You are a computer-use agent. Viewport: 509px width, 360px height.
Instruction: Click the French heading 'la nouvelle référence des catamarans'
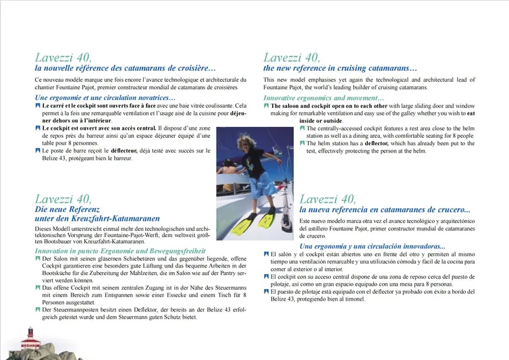coord(126,68)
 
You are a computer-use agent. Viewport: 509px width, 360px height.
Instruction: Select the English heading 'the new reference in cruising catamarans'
coord(340,68)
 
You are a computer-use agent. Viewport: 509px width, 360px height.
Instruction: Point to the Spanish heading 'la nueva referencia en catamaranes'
coord(385,209)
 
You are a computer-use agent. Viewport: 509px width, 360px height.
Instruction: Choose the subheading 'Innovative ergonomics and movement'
coord(323,99)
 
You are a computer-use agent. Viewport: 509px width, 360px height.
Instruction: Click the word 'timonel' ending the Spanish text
coord(350,299)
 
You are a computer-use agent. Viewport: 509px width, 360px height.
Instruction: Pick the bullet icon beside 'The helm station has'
coord(302,143)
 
